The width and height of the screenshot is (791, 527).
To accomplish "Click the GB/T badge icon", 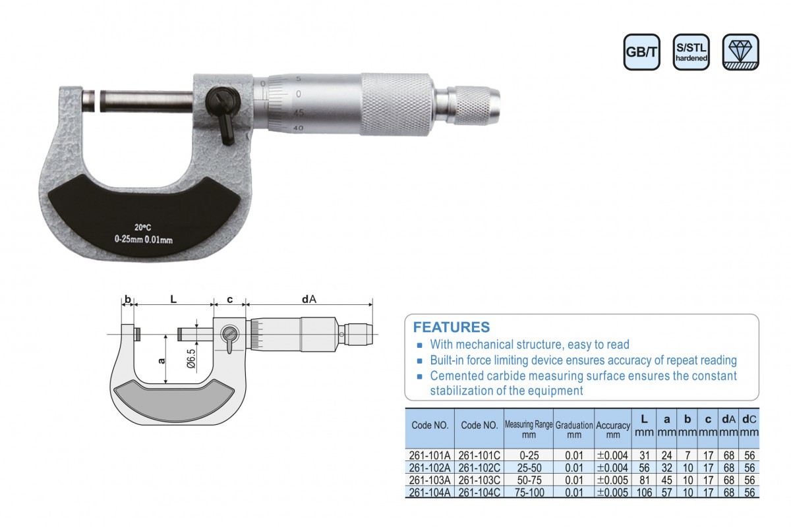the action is coord(641,52).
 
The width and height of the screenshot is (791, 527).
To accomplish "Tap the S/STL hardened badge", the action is coord(691,52).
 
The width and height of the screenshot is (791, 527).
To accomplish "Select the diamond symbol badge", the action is coord(740,52).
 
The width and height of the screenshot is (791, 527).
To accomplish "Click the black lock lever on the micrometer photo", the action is coord(223,113).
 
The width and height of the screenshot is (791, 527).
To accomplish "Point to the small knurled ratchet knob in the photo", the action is coord(473,105).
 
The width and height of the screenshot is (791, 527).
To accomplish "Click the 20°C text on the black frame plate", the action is coord(142,228).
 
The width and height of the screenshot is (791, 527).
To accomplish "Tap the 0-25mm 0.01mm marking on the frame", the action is coord(144,240).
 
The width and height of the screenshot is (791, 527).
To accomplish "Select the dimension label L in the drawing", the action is coord(173,299).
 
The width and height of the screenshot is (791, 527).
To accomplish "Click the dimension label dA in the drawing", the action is coord(309,299).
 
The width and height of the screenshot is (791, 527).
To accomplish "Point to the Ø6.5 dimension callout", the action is coord(191,359).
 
